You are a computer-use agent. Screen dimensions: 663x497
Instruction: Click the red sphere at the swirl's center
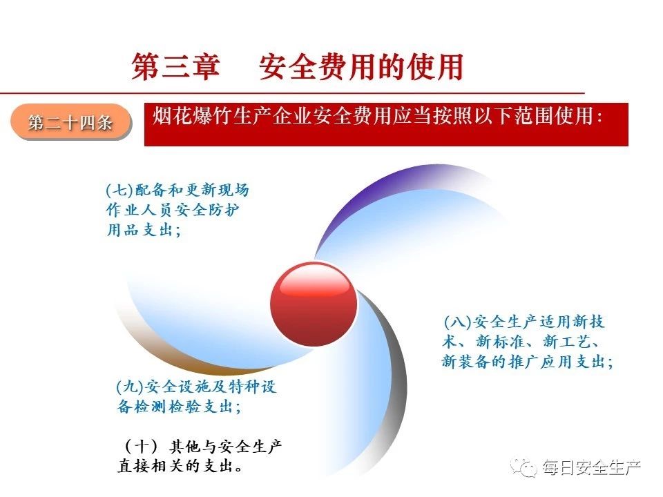[314, 304]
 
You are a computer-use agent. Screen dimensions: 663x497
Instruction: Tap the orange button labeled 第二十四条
[70, 123]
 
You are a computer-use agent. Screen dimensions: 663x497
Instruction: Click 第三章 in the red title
[175, 67]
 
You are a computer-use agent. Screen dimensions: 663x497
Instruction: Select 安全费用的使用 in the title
[361, 67]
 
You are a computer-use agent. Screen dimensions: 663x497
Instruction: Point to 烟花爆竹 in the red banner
[193, 116]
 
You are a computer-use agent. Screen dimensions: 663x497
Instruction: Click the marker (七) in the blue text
[119, 191]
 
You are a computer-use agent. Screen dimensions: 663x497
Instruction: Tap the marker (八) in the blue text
[457, 322]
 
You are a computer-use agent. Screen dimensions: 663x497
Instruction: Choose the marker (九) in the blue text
[131, 387]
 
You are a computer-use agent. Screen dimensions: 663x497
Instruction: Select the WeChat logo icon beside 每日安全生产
[524, 467]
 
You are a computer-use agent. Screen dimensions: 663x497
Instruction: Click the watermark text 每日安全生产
[592, 467]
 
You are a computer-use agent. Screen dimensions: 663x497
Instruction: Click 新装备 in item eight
[466, 362]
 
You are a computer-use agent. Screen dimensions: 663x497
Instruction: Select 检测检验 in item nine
[167, 407]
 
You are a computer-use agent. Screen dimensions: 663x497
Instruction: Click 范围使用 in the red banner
[554, 116]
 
